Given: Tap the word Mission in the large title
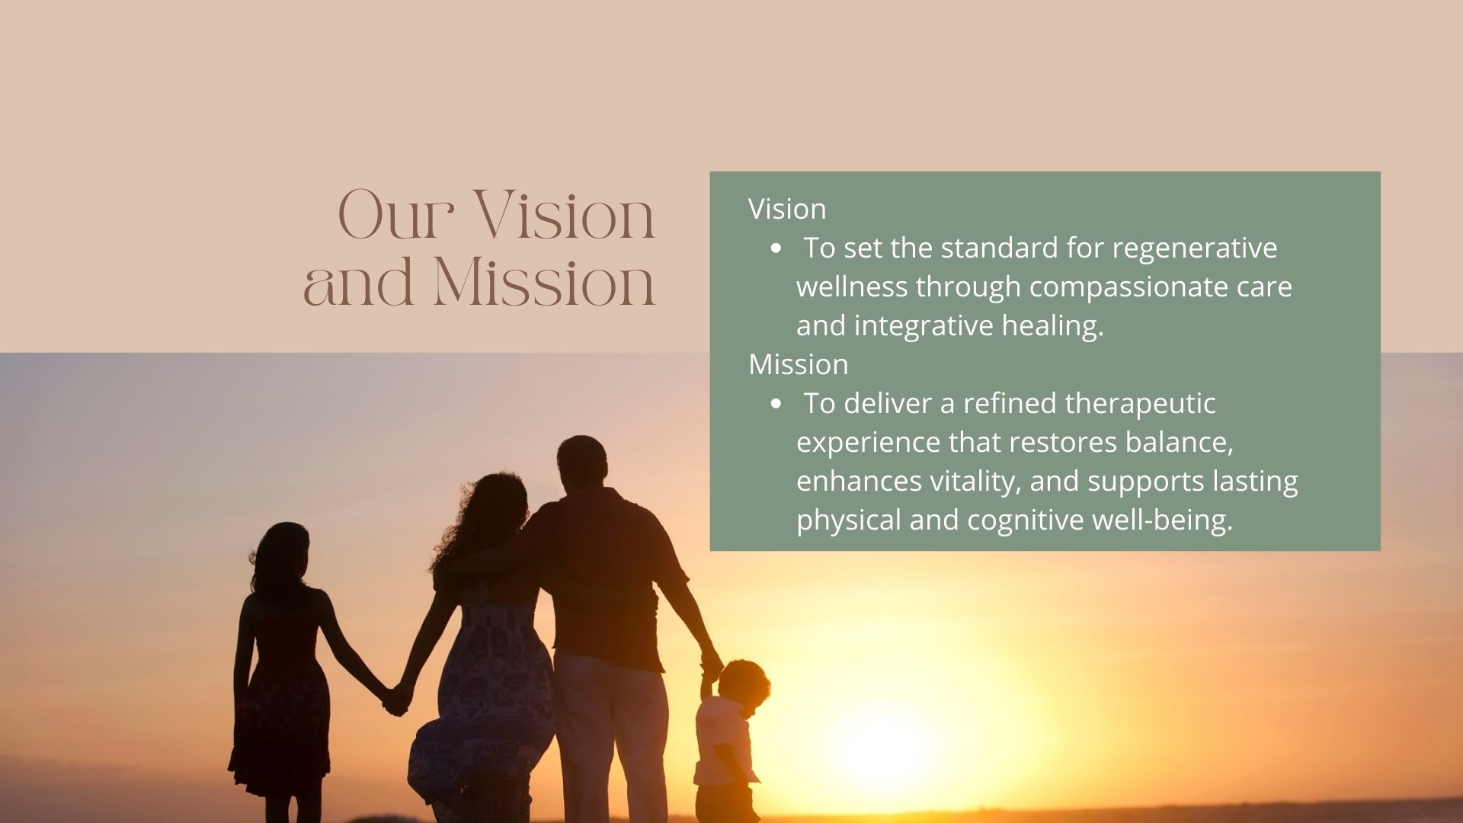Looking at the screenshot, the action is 545,282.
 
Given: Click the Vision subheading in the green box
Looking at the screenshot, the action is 787,209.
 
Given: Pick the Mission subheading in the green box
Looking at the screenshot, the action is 798,364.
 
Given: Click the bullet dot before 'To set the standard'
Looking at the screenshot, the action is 776,248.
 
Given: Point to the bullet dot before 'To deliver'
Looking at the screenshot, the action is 776,404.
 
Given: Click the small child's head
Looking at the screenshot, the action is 742,683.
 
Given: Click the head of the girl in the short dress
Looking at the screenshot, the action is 287,551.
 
